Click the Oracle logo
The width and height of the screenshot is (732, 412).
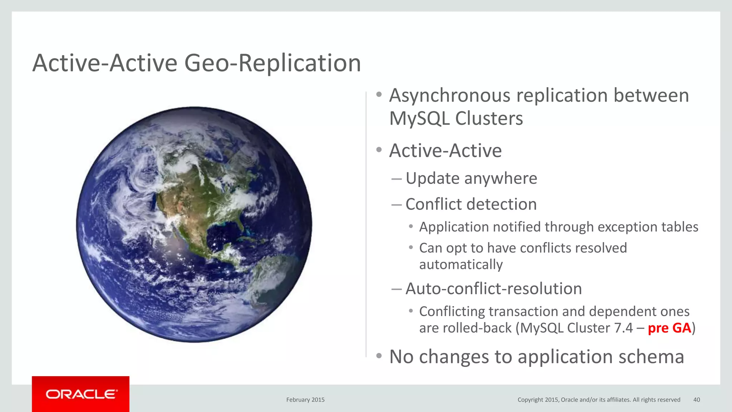pos(81,394)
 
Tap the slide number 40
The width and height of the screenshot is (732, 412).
pos(697,400)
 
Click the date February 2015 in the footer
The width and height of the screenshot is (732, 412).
pos(305,400)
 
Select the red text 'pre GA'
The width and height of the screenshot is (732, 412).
pos(669,328)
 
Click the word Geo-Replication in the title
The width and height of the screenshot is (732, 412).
pos(272,63)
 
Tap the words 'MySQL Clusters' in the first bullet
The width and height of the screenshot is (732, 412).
pos(456,119)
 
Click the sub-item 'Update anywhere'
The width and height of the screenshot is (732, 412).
pos(471,178)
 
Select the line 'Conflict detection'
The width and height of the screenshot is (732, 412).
pos(471,204)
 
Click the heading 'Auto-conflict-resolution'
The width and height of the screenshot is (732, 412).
pos(493,289)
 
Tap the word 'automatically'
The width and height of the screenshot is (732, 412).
pos(461,265)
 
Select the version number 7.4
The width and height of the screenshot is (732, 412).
pos(623,328)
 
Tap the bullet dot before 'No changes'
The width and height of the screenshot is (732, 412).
pos(379,356)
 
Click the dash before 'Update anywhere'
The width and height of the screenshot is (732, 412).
pos(396,178)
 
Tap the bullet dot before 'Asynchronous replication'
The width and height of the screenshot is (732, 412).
pos(379,95)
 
